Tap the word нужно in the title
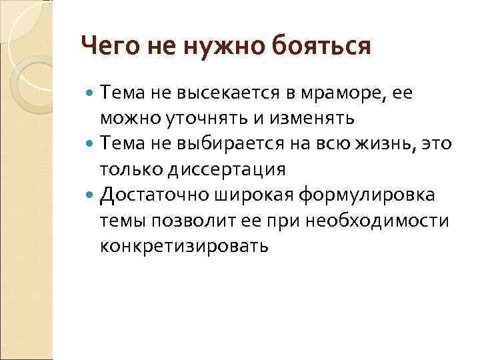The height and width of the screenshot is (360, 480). pyautogui.click(x=217, y=47)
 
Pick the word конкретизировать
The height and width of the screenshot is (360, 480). pyautogui.click(x=185, y=246)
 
